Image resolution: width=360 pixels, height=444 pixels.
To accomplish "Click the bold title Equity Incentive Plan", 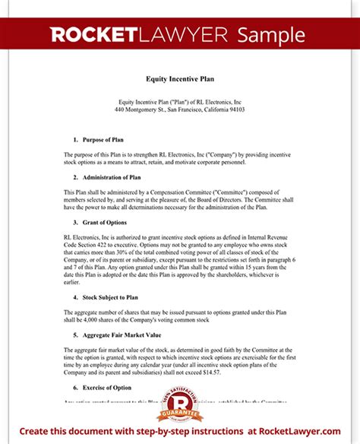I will coord(179,78).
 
